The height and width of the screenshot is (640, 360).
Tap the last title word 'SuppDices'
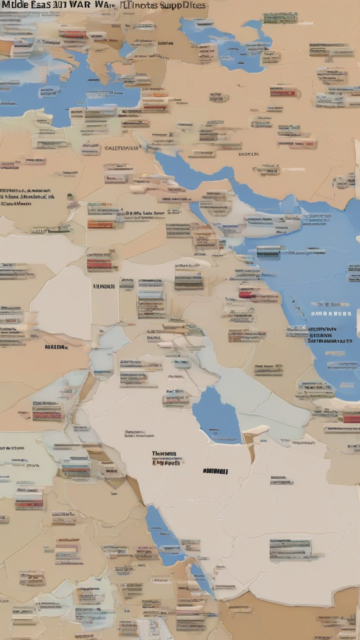184,5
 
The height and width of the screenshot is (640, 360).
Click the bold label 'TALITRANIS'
121,148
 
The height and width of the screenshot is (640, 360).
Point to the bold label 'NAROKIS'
104,286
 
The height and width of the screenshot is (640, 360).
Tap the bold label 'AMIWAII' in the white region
215,471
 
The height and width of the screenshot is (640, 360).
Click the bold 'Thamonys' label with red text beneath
164,454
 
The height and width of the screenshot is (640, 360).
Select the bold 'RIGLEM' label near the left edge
56,346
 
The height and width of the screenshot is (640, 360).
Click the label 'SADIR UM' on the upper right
248,154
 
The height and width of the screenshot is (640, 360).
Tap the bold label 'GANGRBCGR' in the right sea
331,313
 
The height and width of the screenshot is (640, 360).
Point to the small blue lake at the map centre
216,414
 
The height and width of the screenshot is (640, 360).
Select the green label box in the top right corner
279,18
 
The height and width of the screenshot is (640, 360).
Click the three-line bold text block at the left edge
26,197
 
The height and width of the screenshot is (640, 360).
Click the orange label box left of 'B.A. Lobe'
101,224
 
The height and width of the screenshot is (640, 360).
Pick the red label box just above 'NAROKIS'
99,264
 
